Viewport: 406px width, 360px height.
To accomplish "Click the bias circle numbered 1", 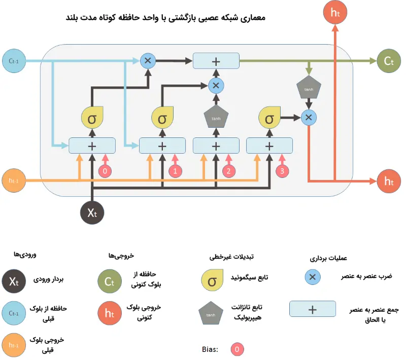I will coord(175,171).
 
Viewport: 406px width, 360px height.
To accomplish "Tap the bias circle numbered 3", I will coord(283,171).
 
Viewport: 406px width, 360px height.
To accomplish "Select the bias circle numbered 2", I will coord(229,171).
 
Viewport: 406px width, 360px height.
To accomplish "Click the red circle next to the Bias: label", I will coord(236,349).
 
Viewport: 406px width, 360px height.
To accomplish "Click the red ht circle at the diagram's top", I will coord(335,13).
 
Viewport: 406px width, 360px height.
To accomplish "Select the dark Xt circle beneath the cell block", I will coord(92,212).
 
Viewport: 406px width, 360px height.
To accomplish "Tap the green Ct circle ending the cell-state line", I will coord(388,61).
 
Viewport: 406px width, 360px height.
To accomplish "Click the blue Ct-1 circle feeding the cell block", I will coord(14,61).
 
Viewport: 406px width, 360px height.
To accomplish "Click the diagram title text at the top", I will coord(165,18).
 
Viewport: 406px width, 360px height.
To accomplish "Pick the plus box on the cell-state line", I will coord(216,61).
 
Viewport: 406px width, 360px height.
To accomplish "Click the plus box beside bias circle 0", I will coord(92,146).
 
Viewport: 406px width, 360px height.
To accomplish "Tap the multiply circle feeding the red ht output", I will coord(308,118).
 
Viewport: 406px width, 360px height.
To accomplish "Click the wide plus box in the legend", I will coord(313,309).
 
